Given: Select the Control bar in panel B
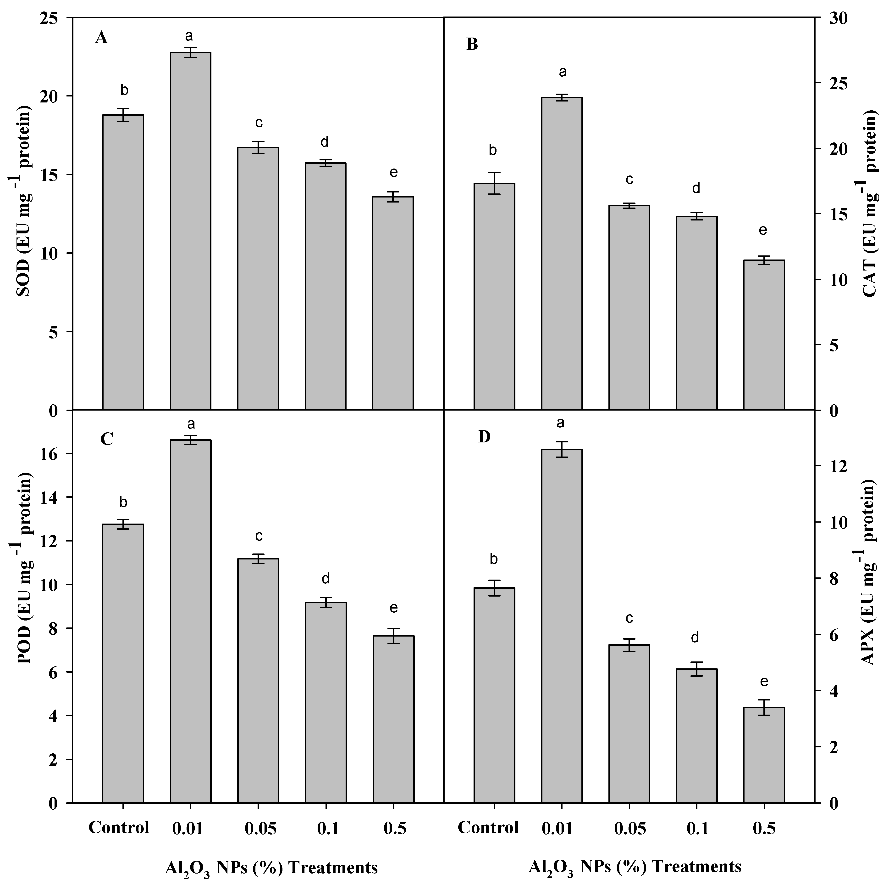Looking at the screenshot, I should (x=494, y=296).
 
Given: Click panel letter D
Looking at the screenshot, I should (x=484, y=437).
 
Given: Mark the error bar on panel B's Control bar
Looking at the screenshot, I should (x=494, y=183).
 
